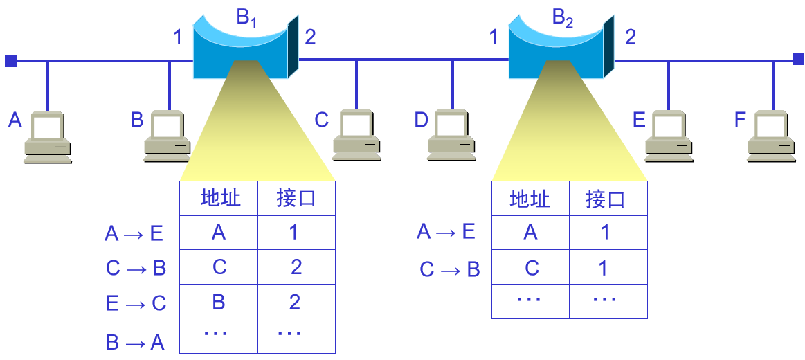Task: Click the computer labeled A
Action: coord(48,138)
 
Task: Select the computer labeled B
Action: coord(168,138)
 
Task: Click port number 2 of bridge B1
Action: coord(310,37)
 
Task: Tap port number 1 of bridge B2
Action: coord(494,37)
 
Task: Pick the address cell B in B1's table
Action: coord(219,302)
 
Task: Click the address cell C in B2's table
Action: coord(531,268)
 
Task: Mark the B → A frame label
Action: coord(135,341)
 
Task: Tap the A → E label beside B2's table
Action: coord(446,232)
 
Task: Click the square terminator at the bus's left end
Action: coord(10,61)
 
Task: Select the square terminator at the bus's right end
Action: coord(798,60)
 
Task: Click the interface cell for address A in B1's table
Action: coord(295,233)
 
